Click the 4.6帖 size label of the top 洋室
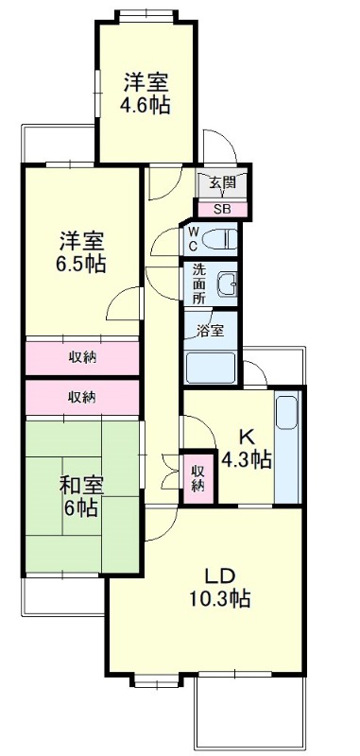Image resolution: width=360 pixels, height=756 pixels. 146,105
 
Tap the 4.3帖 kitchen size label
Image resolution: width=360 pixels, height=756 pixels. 246,460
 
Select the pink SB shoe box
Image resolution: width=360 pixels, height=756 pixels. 222,209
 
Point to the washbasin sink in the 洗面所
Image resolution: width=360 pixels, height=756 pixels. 226,284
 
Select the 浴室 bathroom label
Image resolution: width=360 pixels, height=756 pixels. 211,331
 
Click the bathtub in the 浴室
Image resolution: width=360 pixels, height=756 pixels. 211,368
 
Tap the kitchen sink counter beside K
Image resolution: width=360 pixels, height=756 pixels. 287,449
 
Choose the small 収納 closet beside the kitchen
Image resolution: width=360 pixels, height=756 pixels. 197,477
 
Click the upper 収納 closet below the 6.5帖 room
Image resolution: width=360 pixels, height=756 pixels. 82,357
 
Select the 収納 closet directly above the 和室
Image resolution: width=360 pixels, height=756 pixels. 82,397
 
